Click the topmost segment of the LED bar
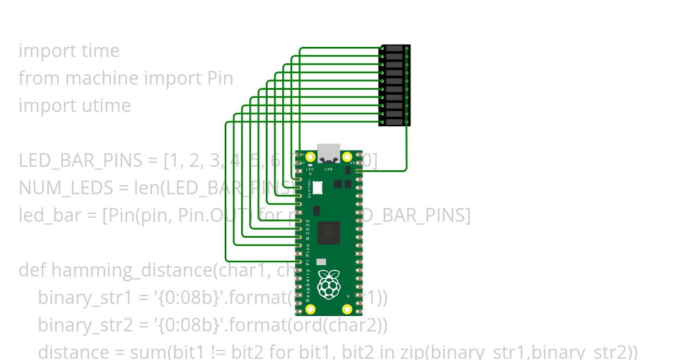click(394, 49)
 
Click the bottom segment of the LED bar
click(394, 122)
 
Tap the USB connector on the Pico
click(329, 153)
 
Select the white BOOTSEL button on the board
click(317, 187)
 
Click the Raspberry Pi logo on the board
click(329, 285)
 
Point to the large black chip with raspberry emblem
click(329, 232)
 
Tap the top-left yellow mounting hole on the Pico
click(310, 157)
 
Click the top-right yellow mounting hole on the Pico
click(347, 157)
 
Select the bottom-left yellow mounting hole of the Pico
click(310, 309)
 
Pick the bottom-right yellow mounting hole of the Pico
click(347, 309)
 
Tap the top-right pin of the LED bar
click(406, 49)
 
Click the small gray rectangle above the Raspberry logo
click(321, 262)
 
